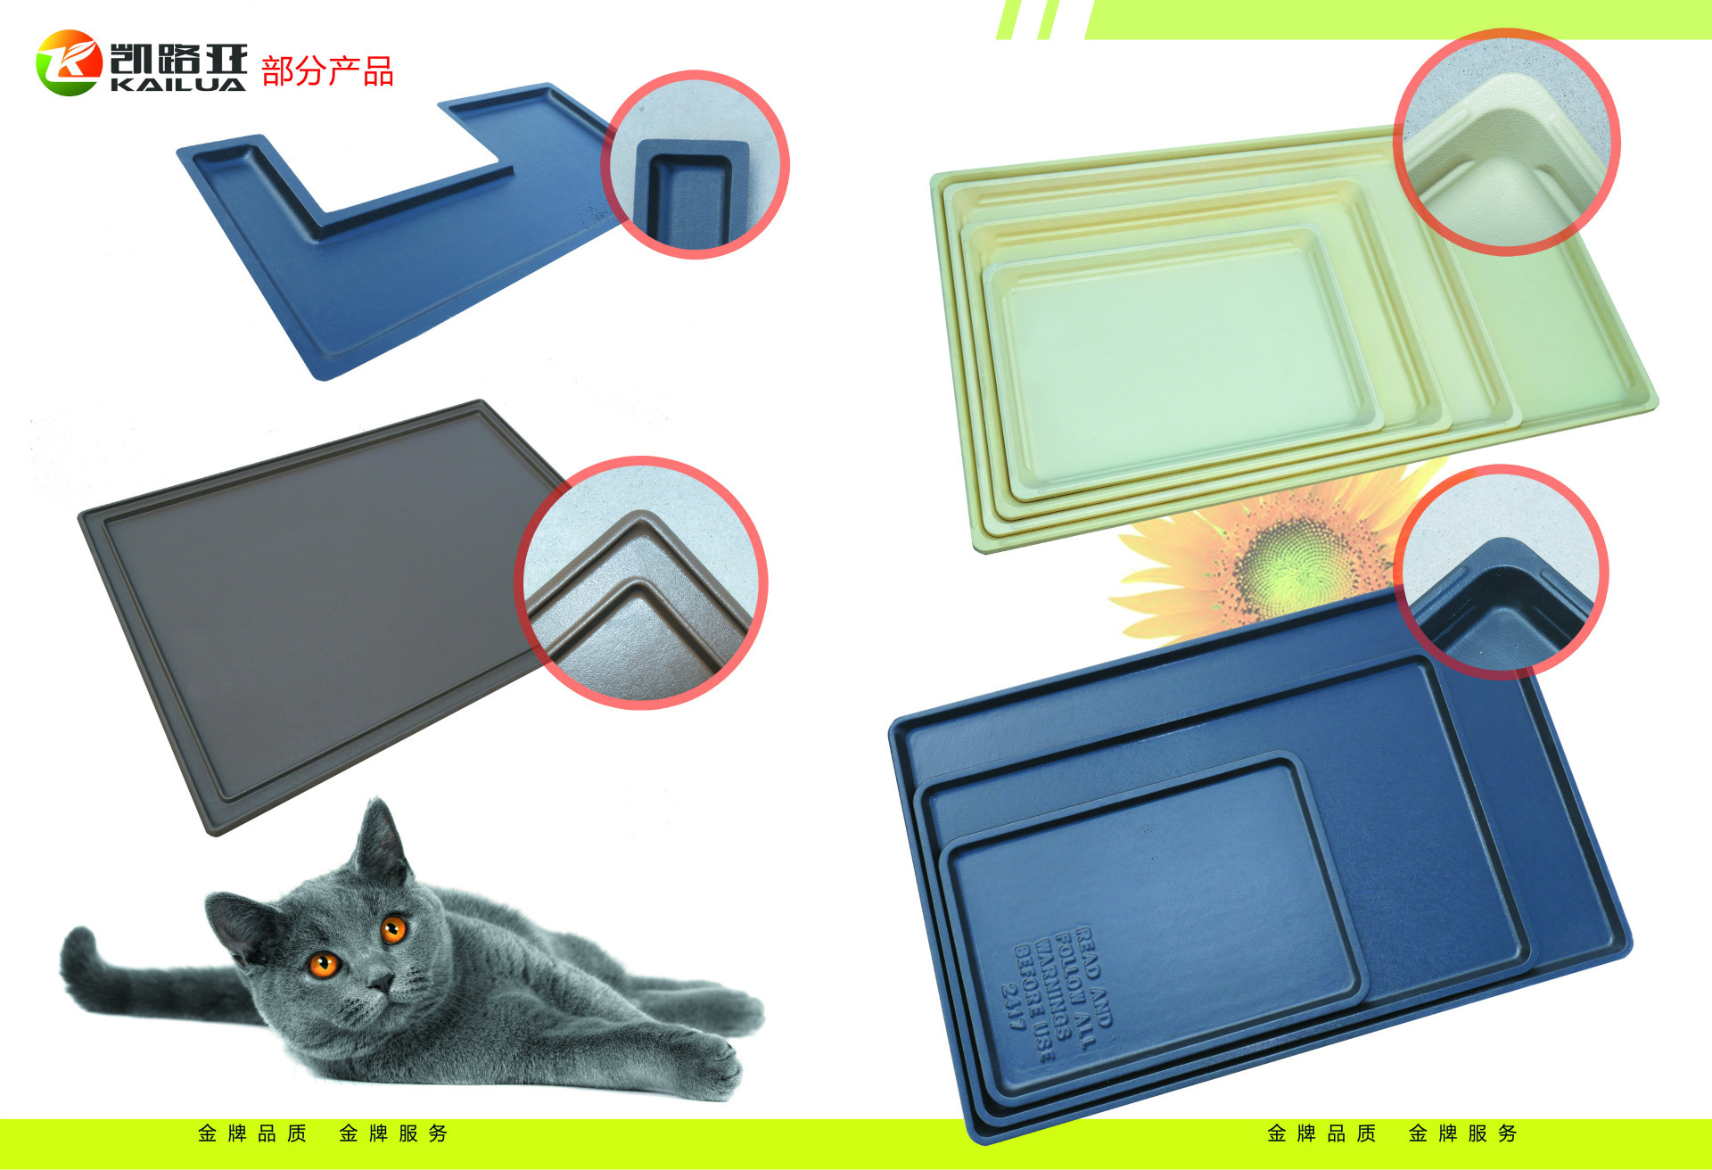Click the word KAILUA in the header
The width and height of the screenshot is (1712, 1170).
tap(178, 85)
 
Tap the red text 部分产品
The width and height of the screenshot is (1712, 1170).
tap(327, 71)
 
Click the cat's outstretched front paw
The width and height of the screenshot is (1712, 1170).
tap(713, 1066)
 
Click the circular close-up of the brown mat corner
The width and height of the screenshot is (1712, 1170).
tap(641, 583)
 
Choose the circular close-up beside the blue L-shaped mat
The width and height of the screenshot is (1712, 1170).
tap(695, 165)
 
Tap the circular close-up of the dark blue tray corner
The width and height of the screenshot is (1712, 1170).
tap(1502, 572)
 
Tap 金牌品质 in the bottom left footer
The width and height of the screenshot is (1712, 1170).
tap(252, 1133)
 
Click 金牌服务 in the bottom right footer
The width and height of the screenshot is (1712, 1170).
tap(1462, 1133)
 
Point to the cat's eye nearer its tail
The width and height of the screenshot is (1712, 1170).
tap(323, 964)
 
